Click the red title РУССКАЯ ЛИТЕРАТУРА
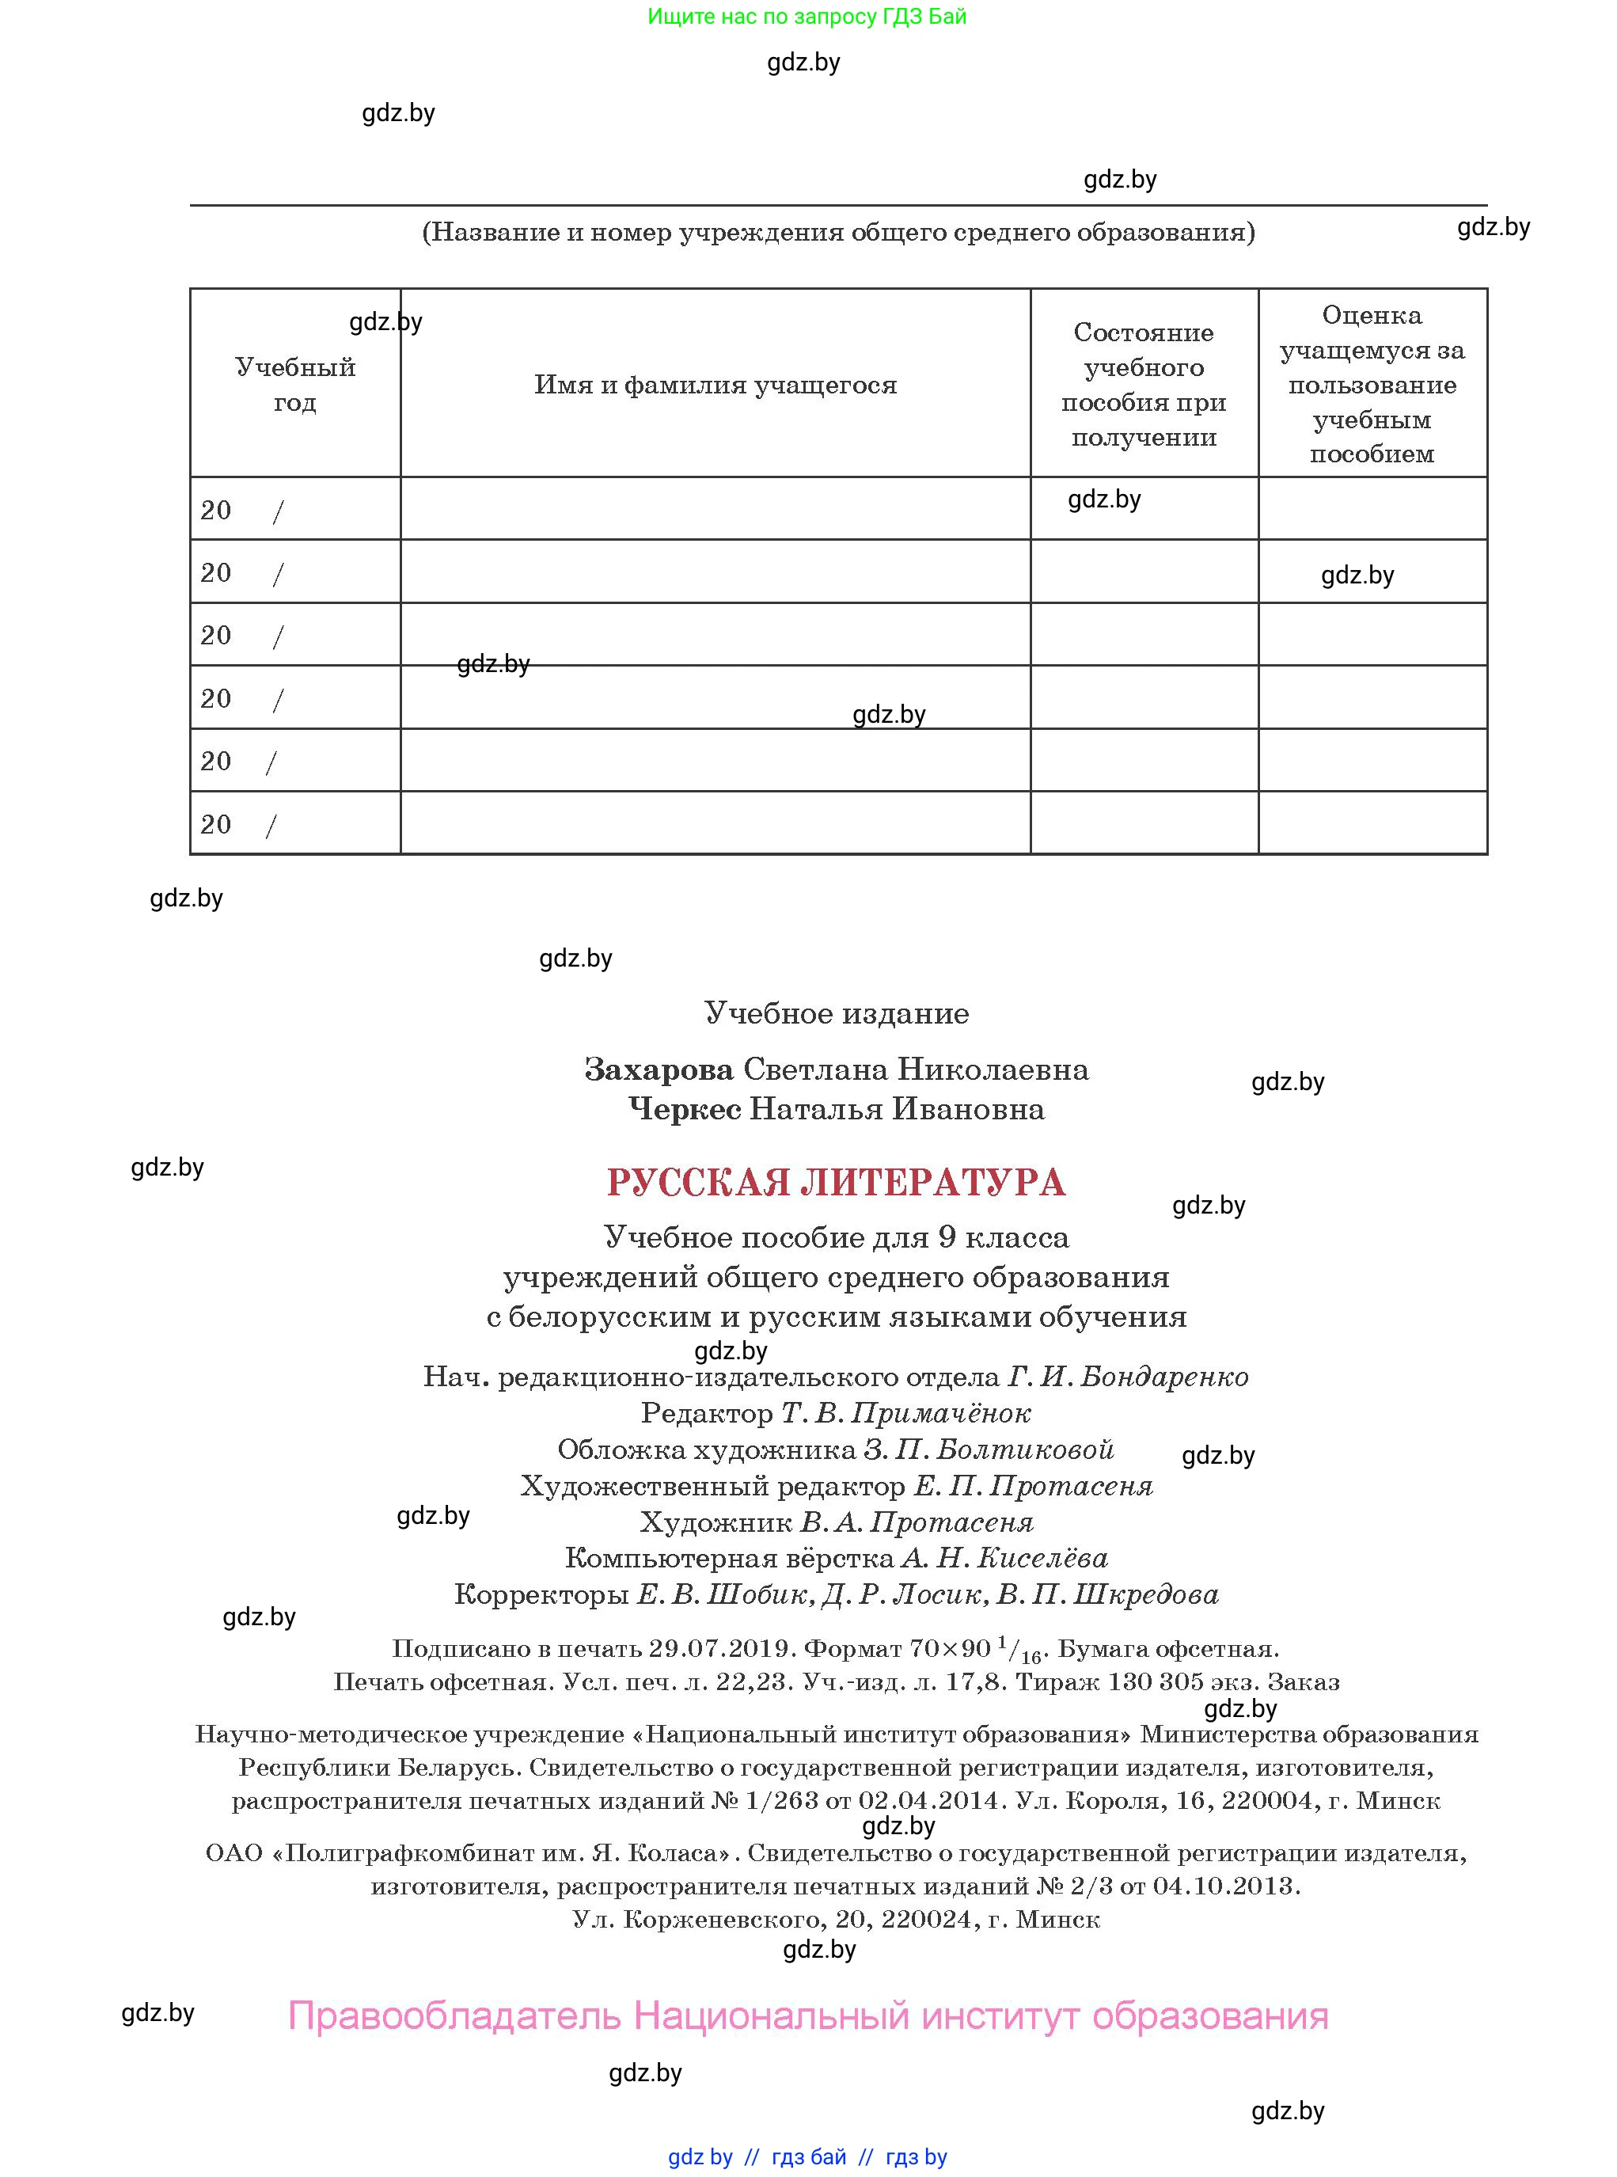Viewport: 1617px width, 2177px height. [x=835, y=1183]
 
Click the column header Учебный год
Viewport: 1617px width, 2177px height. [x=294, y=385]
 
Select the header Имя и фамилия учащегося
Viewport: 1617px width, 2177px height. [x=715, y=385]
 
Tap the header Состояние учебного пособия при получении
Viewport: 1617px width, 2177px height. [x=1143, y=385]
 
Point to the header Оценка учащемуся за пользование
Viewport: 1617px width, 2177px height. [x=1372, y=384]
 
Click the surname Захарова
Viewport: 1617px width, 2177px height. [x=659, y=1069]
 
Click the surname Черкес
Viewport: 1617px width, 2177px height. [x=684, y=1109]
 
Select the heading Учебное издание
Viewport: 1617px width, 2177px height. [x=836, y=1013]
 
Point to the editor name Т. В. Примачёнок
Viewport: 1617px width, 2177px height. [x=905, y=1414]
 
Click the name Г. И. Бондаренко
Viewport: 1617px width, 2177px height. [x=1128, y=1377]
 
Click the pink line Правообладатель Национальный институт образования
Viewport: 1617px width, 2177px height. [x=807, y=2016]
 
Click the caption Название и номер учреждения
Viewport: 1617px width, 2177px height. [x=838, y=232]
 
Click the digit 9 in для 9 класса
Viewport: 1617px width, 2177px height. [x=946, y=1238]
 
